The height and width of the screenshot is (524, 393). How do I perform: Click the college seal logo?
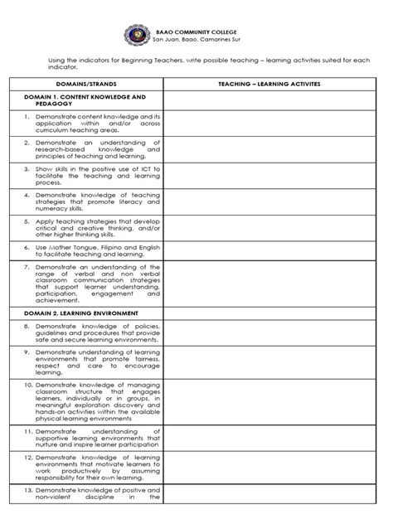tap(138, 35)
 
